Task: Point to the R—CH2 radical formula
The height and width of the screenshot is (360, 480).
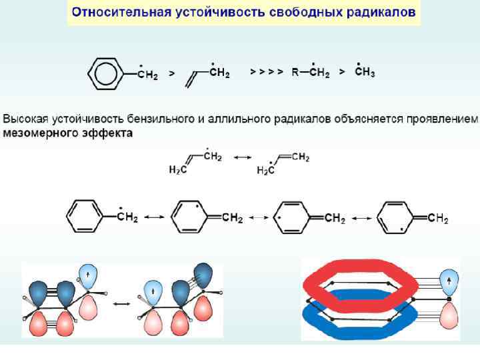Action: pos(310,73)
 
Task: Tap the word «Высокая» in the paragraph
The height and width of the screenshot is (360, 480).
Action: pos(26,120)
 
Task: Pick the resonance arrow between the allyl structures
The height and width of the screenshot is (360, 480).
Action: pos(241,158)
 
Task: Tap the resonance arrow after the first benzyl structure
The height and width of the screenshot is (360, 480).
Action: pos(154,218)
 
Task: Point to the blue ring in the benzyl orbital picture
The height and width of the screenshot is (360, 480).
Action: pos(360,316)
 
